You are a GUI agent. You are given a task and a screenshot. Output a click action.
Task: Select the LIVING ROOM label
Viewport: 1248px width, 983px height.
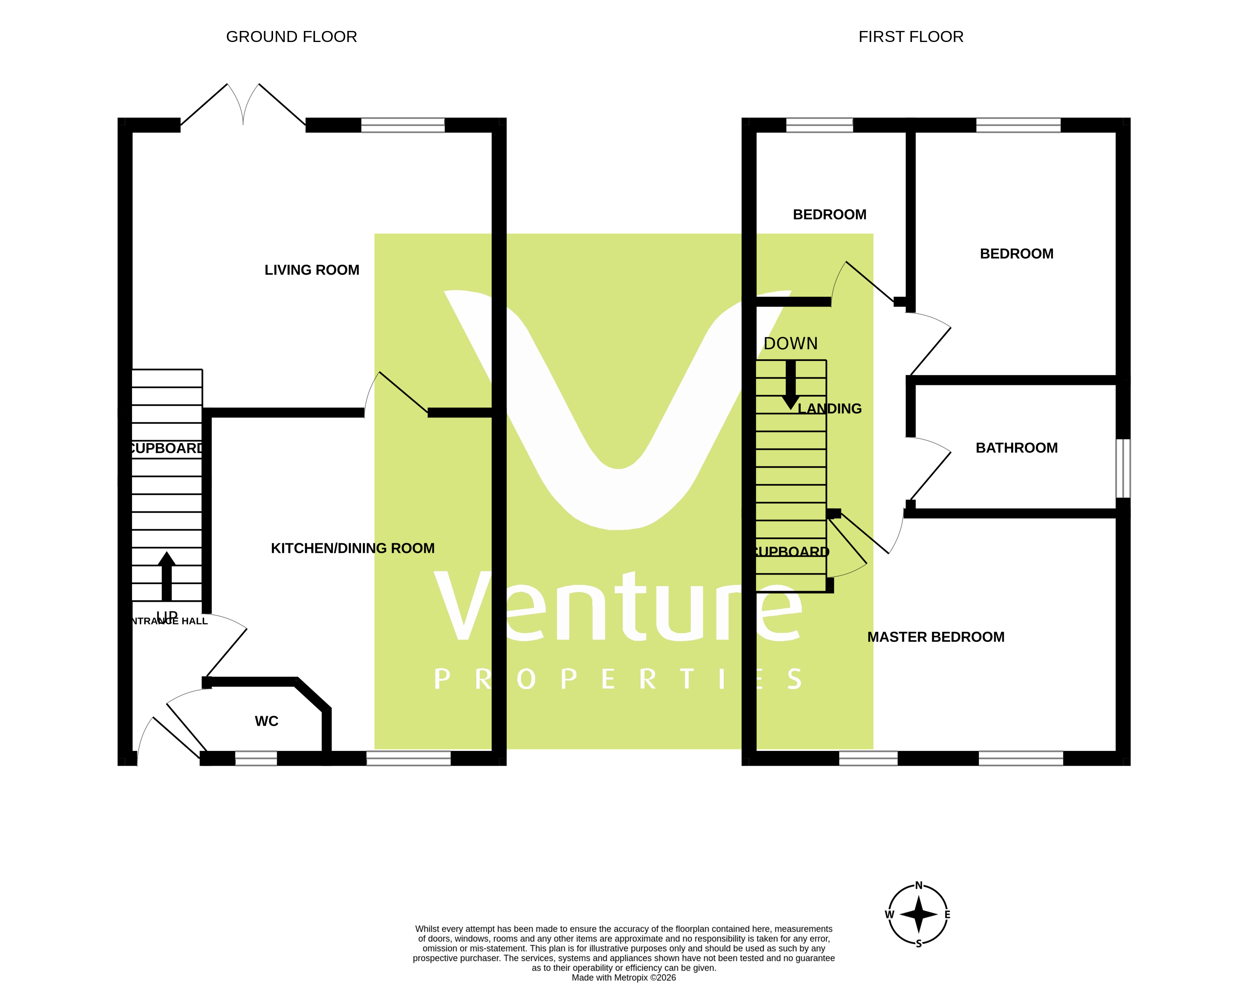(x=311, y=270)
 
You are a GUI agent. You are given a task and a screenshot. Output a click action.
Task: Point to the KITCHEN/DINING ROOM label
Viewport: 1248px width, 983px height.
(x=352, y=548)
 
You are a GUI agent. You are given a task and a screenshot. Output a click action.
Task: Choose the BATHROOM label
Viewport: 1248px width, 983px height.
(x=1017, y=448)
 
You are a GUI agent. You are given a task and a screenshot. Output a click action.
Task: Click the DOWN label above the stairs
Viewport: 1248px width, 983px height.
(x=790, y=343)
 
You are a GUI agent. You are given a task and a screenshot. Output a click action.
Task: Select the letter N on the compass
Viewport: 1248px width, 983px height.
(x=919, y=885)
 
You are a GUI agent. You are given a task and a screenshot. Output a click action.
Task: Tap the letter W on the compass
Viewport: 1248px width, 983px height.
(x=890, y=915)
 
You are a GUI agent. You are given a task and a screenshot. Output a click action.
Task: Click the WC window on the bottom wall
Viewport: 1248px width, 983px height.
(x=256, y=758)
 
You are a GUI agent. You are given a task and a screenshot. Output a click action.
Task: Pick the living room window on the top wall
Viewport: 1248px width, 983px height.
(x=403, y=125)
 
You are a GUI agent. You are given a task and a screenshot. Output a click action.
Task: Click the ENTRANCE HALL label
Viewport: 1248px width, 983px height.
(x=169, y=621)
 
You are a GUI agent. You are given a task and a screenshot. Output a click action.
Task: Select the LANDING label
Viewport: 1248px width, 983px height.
(x=829, y=409)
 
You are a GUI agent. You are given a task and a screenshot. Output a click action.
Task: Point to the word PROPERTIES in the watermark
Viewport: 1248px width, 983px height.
(x=618, y=679)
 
